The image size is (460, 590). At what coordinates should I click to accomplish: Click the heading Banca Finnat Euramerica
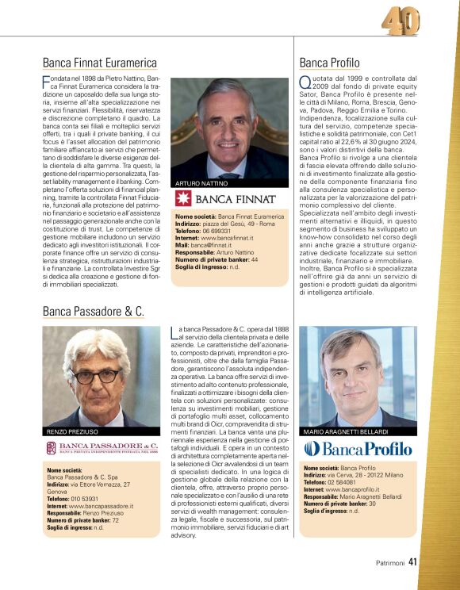point(99,63)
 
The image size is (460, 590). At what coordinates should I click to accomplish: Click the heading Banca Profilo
point(329,63)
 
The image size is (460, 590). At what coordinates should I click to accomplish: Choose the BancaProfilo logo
point(358,449)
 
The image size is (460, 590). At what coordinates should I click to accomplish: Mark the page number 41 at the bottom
point(412,564)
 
